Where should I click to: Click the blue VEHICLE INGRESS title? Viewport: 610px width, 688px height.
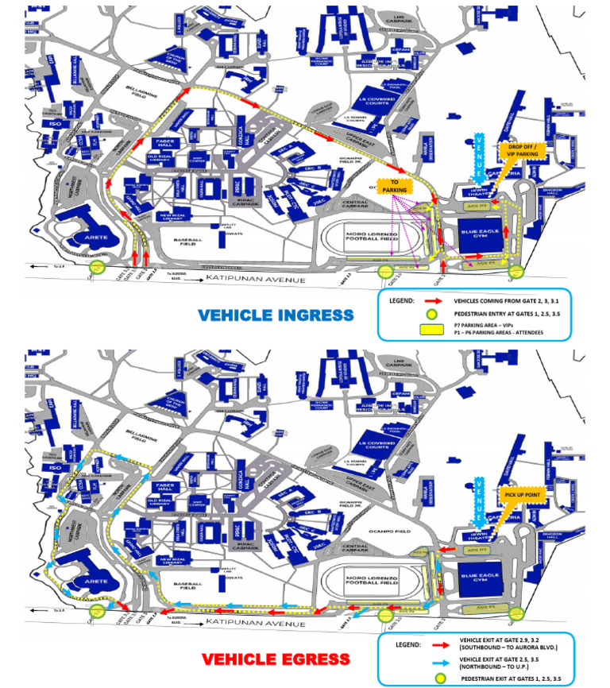(275, 315)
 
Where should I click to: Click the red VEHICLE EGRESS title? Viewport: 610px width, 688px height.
(275, 659)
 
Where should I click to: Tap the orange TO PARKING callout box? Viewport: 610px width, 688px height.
(394, 186)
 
